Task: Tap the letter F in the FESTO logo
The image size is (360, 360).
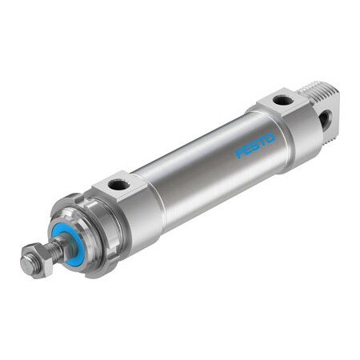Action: coord(239,153)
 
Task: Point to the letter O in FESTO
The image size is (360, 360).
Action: coord(270,138)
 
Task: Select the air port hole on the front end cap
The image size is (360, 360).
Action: coord(118,185)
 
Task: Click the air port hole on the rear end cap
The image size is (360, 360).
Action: coord(282,100)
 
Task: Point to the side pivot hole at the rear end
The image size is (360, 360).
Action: coord(326,121)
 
